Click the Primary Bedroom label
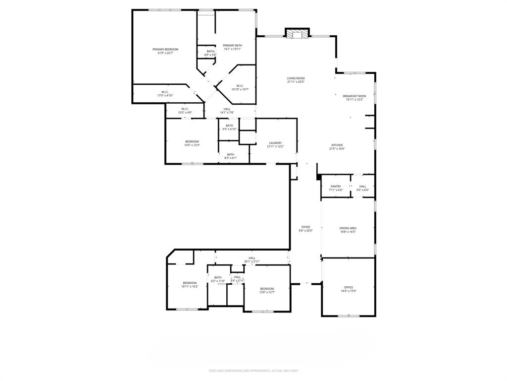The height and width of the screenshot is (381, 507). [165, 49]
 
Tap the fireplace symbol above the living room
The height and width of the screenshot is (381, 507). [297, 34]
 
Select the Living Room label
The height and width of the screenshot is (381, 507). [296, 78]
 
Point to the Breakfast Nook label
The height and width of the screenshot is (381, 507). [355, 96]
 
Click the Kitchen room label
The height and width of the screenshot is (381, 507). [337, 145]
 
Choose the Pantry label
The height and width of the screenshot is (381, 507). [336, 187]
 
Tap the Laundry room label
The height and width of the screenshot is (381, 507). [275, 143]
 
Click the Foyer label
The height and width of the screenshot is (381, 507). [305, 227]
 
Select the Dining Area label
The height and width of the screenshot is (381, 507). [348, 228]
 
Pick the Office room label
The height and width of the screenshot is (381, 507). [349, 287]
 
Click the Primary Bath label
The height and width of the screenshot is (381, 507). [232, 45]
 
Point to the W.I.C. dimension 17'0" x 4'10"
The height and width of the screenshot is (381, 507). [165, 95]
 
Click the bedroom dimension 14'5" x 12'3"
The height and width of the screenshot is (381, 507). [192, 145]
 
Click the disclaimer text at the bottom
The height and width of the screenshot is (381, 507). [253, 371]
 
